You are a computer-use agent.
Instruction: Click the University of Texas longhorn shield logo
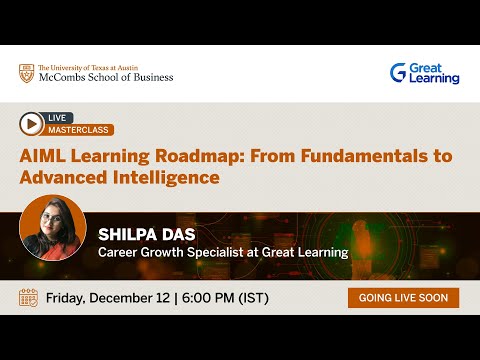[26, 73]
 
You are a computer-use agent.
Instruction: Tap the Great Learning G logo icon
[398, 72]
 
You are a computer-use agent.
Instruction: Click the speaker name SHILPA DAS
[143, 233]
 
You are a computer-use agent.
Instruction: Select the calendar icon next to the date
[28, 298]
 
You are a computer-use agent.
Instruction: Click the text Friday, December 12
[103, 298]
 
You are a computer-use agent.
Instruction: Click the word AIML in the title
[42, 156]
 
